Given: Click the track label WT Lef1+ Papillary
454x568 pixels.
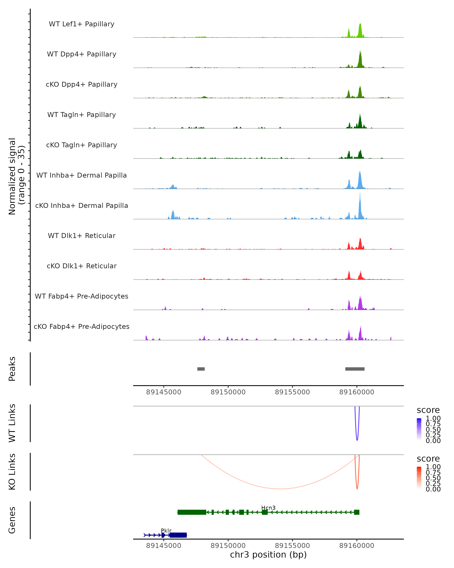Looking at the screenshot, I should tap(82, 24).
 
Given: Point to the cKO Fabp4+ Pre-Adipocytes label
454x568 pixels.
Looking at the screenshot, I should tap(82, 326).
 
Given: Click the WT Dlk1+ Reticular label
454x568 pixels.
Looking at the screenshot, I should tap(82, 236).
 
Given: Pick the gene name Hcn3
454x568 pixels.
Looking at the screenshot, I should tap(268, 508).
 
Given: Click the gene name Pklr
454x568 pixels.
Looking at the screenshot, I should tap(166, 531).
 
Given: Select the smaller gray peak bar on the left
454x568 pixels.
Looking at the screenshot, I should tap(201, 369).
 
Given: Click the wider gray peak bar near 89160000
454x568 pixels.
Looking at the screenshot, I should tap(355, 369).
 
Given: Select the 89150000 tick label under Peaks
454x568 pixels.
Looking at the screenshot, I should tap(228, 392).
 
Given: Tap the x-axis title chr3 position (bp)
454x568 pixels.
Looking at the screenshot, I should tap(268, 555).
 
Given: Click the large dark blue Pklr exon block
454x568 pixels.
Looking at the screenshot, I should tap(178, 535).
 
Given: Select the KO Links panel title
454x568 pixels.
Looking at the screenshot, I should tap(12, 472).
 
